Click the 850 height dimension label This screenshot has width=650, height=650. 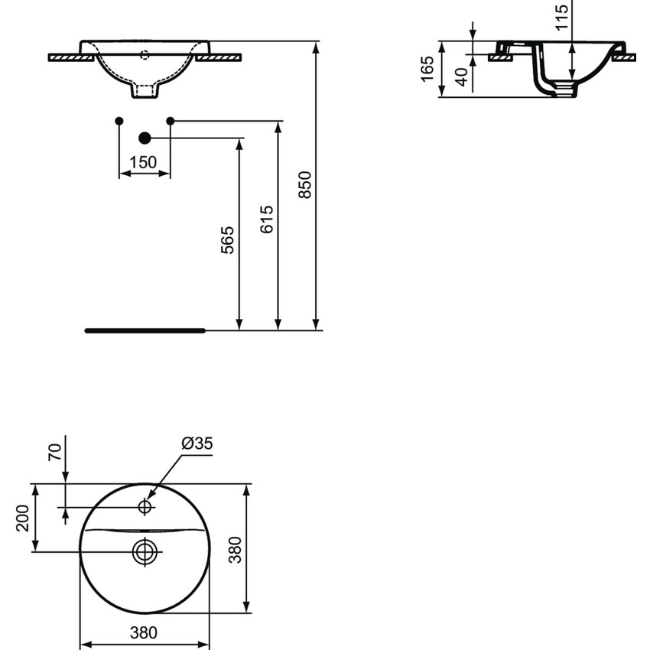pos(304,185)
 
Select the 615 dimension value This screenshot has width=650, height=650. pos(266,219)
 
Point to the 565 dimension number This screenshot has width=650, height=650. pos(228,240)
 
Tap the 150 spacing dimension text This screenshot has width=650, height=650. pos(143,162)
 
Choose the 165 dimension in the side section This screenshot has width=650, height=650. pos(428,68)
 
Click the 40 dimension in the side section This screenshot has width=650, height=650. pos(461,76)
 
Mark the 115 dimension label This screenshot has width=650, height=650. pos(563,16)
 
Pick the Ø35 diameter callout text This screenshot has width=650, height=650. pos(197,443)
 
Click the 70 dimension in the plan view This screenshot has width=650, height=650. pos(54,452)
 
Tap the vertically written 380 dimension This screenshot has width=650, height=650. pos(236,548)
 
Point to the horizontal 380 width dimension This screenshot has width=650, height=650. pos(145,632)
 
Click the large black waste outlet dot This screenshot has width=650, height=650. pos(144,138)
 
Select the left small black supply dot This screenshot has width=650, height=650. pos(119,121)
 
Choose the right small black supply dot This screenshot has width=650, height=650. pos(170,121)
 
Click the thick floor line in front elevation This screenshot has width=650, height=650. pos(145,330)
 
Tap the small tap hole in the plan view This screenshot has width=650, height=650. pos(145,505)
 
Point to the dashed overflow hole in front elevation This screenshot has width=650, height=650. pos(145,54)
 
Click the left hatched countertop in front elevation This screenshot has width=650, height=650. pos(70,57)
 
